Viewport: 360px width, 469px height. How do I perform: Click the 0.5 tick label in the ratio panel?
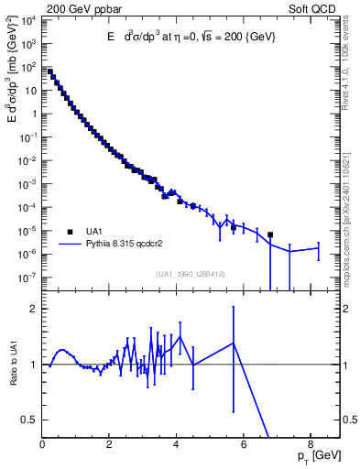30,420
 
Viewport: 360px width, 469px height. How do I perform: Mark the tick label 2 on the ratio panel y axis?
35,309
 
